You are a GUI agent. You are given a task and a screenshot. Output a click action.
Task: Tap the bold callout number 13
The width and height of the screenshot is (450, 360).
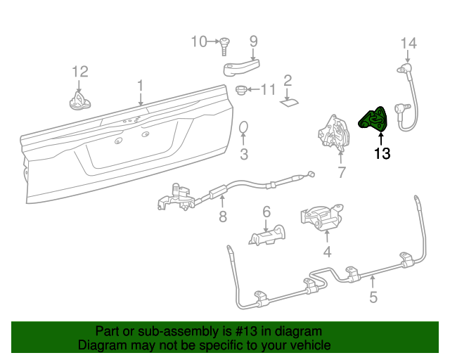click(x=382, y=153)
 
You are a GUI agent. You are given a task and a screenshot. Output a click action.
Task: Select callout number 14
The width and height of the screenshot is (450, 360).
click(x=409, y=44)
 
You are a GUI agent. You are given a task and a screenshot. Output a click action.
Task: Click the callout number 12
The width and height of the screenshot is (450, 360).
click(x=79, y=71)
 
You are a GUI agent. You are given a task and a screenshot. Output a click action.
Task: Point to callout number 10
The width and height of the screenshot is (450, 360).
click(x=199, y=41)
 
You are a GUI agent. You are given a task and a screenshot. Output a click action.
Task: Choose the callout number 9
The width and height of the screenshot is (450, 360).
click(x=253, y=41)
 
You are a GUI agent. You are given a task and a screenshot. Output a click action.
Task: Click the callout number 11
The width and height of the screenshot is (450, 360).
click(x=269, y=89)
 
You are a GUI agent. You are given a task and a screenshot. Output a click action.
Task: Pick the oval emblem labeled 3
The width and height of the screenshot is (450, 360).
click(x=245, y=127)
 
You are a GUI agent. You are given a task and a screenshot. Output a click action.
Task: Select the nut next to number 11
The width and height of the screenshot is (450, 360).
click(x=243, y=90)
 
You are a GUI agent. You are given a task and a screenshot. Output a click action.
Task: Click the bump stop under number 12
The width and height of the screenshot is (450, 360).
click(x=79, y=101)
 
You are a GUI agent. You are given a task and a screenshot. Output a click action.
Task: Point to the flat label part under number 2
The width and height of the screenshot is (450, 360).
click(x=289, y=103)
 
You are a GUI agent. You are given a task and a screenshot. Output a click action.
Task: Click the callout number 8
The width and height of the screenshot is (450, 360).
click(x=222, y=217)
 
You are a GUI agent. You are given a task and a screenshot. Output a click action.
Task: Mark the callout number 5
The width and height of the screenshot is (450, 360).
click(x=373, y=297)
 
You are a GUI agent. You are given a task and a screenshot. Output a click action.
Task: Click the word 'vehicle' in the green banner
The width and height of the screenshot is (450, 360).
click(x=307, y=346)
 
